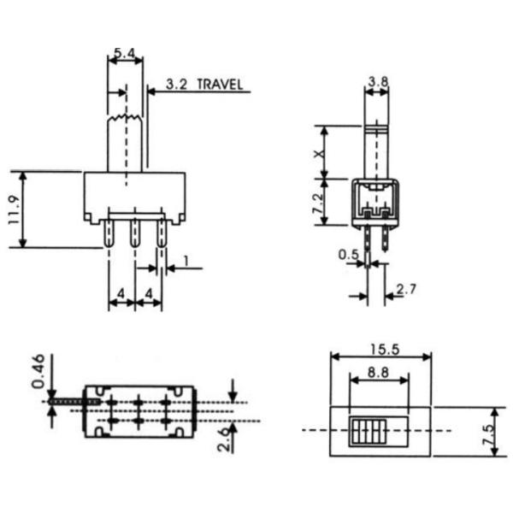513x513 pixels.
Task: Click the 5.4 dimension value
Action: pos(124,53)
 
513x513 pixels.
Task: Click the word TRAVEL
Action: pos(220,85)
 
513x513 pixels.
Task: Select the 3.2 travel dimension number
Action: pos(177,85)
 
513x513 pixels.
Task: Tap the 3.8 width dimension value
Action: pos(377,82)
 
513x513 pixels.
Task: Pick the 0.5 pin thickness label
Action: pos(348,254)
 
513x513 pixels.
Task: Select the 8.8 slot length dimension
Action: pos(378,373)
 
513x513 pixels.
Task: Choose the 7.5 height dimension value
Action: pos(486,431)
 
